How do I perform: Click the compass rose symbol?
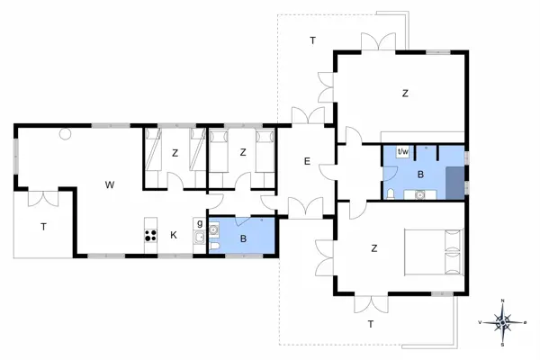(504, 321)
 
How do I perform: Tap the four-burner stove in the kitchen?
(149, 237)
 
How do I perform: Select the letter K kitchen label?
(175, 236)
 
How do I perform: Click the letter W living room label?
(109, 185)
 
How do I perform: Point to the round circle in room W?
(65, 135)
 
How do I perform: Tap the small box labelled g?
(200, 222)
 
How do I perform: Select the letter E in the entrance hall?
(307, 162)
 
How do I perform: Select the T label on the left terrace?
(42, 228)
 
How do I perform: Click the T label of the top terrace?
(312, 40)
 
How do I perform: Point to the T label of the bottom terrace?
(369, 323)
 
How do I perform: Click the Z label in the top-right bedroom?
(406, 93)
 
